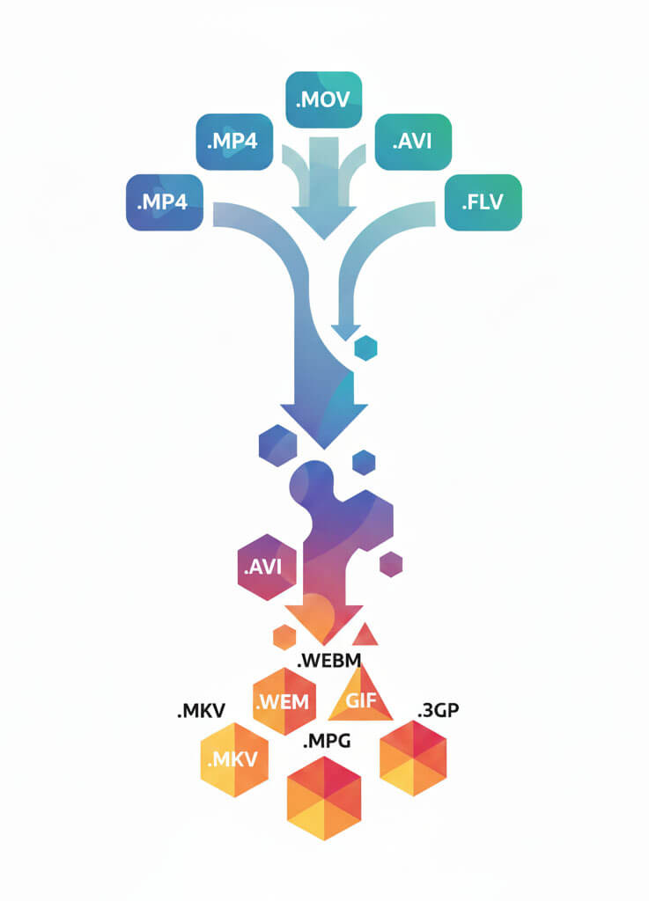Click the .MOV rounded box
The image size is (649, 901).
[x=324, y=99]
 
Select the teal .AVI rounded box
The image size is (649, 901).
[x=413, y=141]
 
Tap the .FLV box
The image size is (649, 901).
[x=483, y=202]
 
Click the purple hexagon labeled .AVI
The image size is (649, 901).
[x=267, y=567]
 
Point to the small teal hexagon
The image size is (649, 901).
[x=365, y=348]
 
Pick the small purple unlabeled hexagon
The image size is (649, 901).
[x=390, y=564]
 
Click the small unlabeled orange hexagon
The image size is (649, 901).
[x=284, y=636]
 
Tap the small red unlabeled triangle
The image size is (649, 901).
[x=365, y=634]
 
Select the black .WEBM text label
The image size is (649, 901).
[x=329, y=659]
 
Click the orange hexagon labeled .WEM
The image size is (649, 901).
[x=284, y=702]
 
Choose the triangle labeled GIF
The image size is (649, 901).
[x=360, y=698]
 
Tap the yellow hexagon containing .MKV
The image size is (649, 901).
[x=232, y=759]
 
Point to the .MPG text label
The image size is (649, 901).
[x=327, y=741]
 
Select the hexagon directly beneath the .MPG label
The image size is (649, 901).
[x=324, y=797]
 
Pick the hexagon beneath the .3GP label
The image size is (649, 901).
[x=412, y=758]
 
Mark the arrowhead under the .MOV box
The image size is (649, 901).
[x=323, y=220]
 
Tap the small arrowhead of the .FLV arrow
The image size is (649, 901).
[x=346, y=332]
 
